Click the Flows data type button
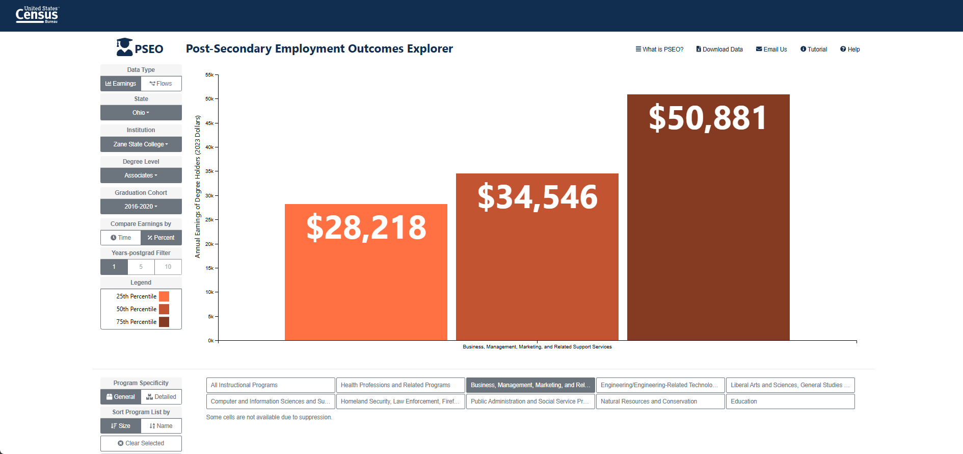click(161, 84)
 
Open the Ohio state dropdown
click(141, 113)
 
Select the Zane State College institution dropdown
click(141, 144)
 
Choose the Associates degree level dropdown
click(141, 175)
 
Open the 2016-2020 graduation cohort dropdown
click(141, 207)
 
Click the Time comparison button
click(121, 238)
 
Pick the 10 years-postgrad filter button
click(168, 267)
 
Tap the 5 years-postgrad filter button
click(141, 267)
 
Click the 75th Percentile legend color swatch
click(164, 322)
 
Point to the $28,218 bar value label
click(366, 228)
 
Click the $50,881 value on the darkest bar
click(708, 118)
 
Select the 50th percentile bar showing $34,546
click(537, 257)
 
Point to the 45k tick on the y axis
click(209, 123)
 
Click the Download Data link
click(719, 49)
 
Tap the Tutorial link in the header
click(814, 49)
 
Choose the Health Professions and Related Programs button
click(400, 385)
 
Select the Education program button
click(790, 401)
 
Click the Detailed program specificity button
click(161, 397)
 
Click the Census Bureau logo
click(37, 15)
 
